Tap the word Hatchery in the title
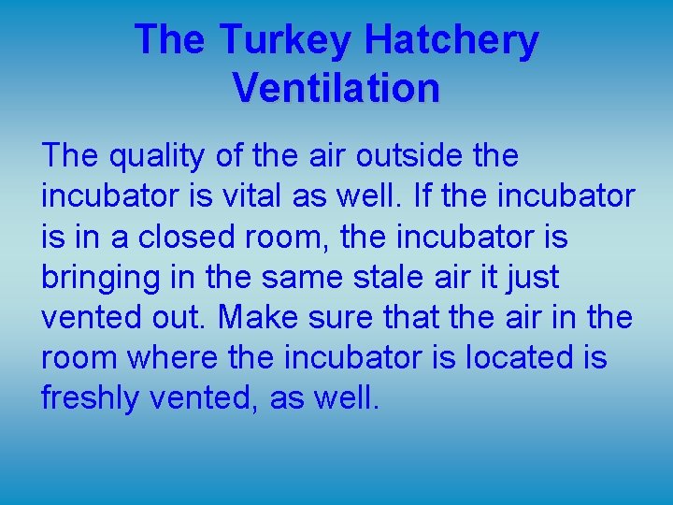(x=451, y=40)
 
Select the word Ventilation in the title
(x=336, y=88)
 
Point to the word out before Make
(x=180, y=317)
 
